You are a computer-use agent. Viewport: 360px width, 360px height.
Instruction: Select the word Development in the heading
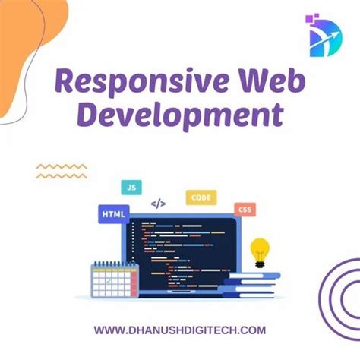click(x=181, y=116)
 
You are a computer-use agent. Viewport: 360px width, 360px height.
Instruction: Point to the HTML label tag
click(x=113, y=215)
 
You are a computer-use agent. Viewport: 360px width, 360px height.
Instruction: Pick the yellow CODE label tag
click(x=201, y=197)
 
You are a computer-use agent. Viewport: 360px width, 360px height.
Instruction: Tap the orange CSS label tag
click(x=245, y=210)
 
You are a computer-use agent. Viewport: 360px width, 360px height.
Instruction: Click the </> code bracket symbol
click(x=158, y=204)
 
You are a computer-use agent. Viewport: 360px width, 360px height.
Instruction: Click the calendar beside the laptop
click(x=112, y=279)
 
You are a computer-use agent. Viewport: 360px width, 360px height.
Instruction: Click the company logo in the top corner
click(x=325, y=33)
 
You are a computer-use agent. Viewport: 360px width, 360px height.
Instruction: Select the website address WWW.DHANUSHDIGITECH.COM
click(x=180, y=330)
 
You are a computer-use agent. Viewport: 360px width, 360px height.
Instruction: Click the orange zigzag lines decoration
click(x=61, y=170)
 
